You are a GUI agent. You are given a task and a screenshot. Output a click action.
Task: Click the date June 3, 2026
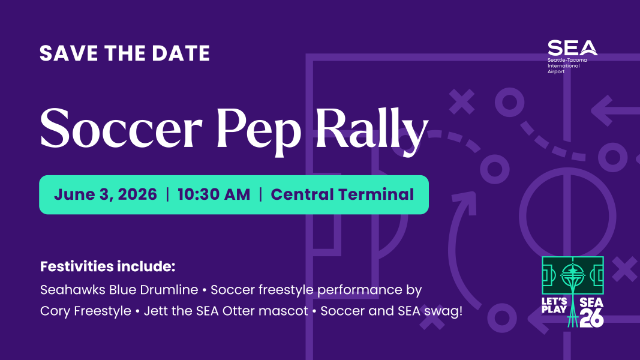pos(106,194)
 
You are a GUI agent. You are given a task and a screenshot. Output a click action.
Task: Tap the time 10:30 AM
pos(213,194)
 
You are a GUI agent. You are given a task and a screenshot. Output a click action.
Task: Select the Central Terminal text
pos(342,194)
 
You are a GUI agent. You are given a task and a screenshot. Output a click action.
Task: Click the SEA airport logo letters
pos(572,48)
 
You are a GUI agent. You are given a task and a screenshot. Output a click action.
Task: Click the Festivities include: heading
pos(107,266)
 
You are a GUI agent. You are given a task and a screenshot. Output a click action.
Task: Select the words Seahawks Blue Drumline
pos(119,290)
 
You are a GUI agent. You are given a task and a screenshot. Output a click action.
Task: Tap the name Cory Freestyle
pos(85,311)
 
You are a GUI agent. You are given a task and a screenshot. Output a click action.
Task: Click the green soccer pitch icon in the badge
pos(573,275)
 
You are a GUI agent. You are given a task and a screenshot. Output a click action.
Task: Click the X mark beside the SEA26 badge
pos(626,268)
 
